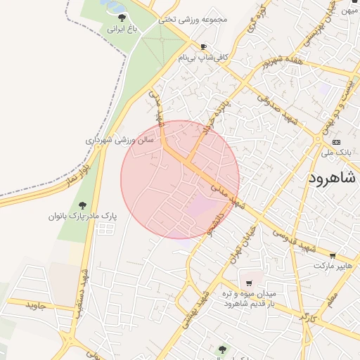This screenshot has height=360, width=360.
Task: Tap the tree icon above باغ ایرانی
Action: [x=122, y=18]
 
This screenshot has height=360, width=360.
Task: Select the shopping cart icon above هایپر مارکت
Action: [x=333, y=256]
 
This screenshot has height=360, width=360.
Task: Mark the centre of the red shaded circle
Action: [x=180, y=179]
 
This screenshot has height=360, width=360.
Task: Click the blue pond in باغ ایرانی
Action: [x=109, y=5]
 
